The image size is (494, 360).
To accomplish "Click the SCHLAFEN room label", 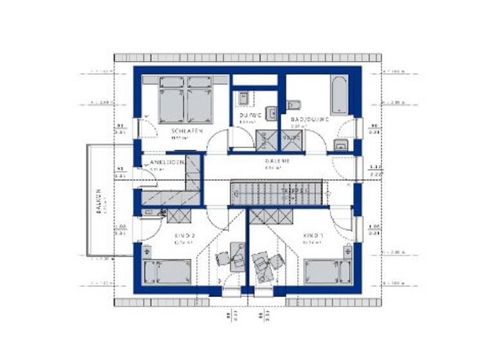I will pos(187,131).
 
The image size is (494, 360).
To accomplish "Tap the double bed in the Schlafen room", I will pos(186,100).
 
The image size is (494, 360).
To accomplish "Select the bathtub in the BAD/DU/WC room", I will pos(339,96).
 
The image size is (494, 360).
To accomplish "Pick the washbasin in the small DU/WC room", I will pos(244,98).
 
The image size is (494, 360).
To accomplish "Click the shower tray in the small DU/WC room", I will pos(264,140).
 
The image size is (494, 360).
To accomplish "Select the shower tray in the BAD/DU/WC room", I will pos(291,140).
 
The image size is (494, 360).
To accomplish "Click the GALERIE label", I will pos(277,161).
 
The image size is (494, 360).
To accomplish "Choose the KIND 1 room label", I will pos(313,236).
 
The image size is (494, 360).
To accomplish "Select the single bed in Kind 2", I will pos(168,271).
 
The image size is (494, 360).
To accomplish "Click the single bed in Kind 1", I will pos(327,271).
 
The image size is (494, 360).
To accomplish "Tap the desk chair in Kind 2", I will pos(223,258).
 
